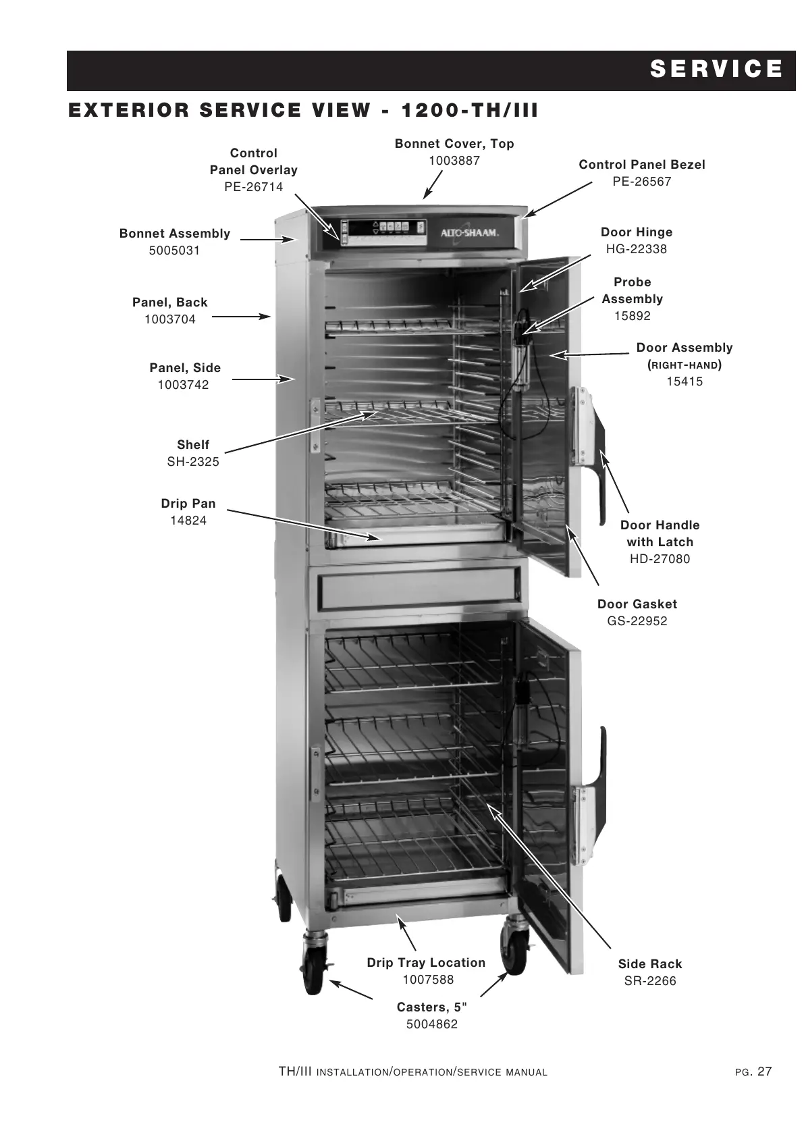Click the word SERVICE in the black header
tap(716, 70)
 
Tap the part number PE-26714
tap(253, 186)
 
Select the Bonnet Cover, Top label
tap(454, 143)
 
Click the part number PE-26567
tap(641, 181)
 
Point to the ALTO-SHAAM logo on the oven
tap(470, 232)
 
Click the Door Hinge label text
tap(636, 232)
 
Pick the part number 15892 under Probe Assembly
tap(632, 315)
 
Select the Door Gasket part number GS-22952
tap(637, 620)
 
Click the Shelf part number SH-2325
tap(192, 461)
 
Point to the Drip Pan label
tap(188, 504)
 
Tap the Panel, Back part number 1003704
tap(169, 319)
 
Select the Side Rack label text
tap(649, 963)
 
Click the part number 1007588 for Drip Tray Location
tap(428, 979)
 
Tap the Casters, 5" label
tap(431, 1007)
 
